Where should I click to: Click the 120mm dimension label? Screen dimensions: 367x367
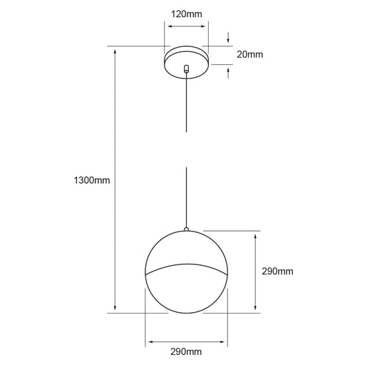186,13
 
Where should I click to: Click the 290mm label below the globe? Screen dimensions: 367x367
187,352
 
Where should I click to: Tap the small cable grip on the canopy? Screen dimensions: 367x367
187,69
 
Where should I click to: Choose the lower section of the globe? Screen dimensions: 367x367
187,292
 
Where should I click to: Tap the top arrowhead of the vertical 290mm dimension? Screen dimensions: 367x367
256,235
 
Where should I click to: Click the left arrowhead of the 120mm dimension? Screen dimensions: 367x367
169,24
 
